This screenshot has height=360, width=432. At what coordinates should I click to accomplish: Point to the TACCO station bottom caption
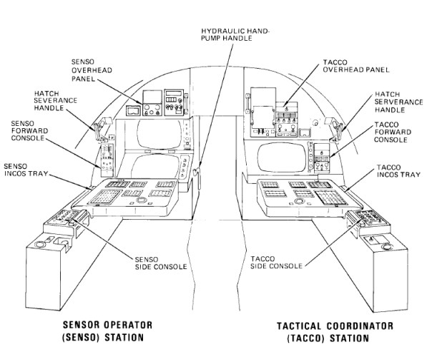(335, 331)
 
